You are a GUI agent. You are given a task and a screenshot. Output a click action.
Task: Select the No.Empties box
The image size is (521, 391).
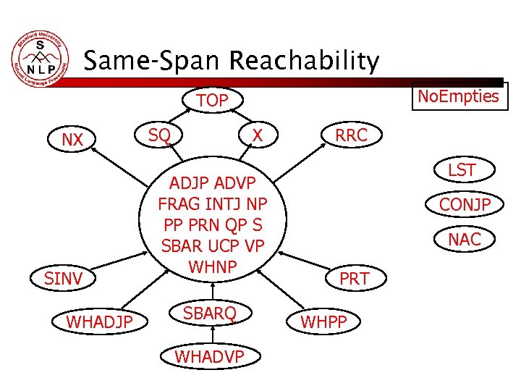(x=459, y=96)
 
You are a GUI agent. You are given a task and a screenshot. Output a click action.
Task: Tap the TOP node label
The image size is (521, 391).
(x=212, y=101)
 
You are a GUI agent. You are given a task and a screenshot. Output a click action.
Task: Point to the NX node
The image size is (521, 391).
(x=72, y=140)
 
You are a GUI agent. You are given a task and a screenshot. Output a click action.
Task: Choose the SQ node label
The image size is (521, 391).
(x=159, y=134)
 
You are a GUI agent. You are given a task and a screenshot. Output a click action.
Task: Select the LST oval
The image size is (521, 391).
(x=462, y=171)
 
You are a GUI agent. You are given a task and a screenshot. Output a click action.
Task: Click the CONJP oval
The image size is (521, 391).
(x=465, y=205)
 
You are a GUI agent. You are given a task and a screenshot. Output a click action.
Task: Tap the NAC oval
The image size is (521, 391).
(x=465, y=239)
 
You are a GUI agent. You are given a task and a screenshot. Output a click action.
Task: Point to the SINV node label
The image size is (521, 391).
(x=64, y=278)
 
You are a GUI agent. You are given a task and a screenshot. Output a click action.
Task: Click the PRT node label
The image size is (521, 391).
(x=355, y=279)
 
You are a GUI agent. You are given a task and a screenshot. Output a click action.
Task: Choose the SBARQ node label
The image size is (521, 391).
(x=210, y=314)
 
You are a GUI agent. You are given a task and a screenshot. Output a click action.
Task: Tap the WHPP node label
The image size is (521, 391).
(x=323, y=321)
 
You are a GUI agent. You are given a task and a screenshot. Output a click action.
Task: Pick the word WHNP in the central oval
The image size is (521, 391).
(x=212, y=266)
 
